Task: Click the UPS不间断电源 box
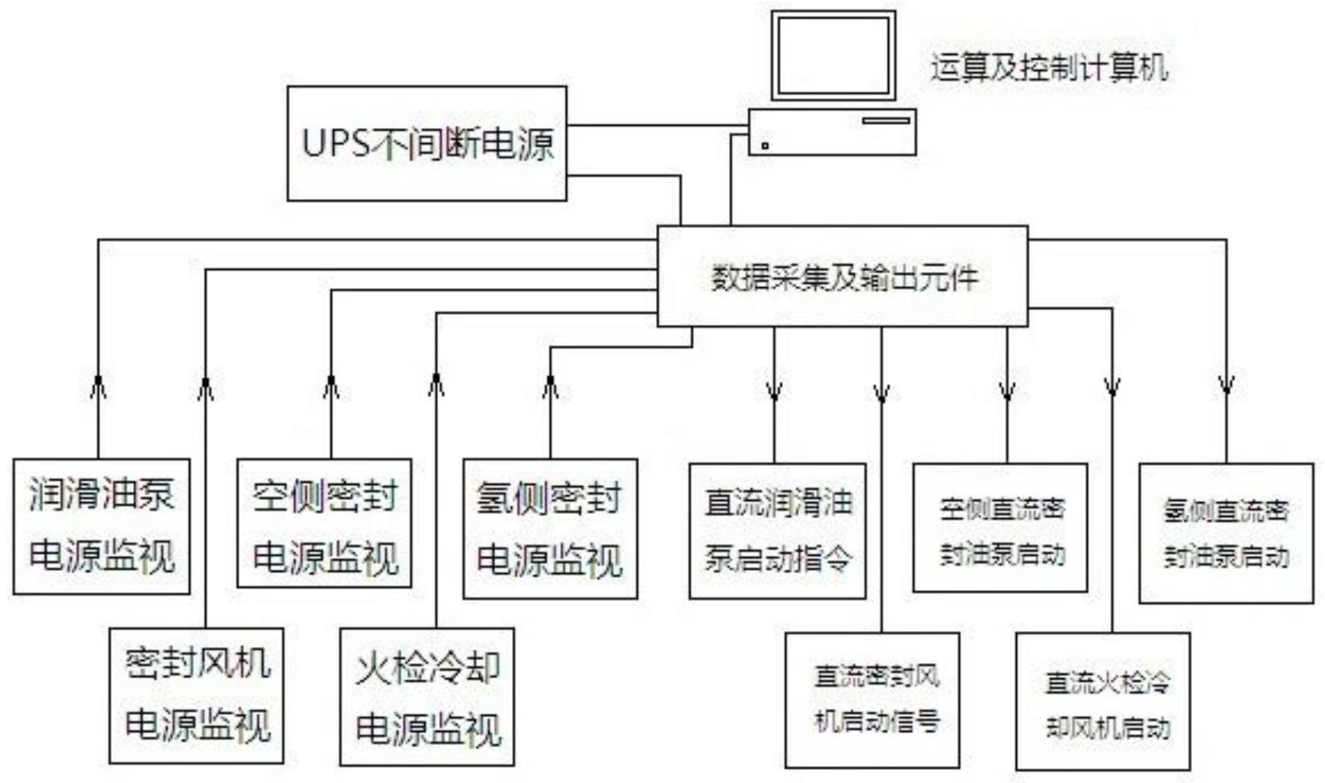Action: (427, 143)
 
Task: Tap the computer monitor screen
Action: (833, 56)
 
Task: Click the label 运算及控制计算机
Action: (1048, 68)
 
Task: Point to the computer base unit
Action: (832, 132)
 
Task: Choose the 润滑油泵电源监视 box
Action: (102, 526)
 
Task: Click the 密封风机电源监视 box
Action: (196, 695)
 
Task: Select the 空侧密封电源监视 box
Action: (324, 523)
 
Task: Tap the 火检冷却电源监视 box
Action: (427, 697)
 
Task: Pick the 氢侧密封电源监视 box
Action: (550, 529)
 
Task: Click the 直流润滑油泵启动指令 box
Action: (777, 531)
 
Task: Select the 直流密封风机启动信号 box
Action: (872, 700)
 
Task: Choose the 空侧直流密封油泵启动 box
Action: (1000, 527)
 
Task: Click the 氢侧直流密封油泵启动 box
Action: (1226, 533)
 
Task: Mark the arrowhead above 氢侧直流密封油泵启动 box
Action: (1226, 385)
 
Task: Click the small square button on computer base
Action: (765, 145)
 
